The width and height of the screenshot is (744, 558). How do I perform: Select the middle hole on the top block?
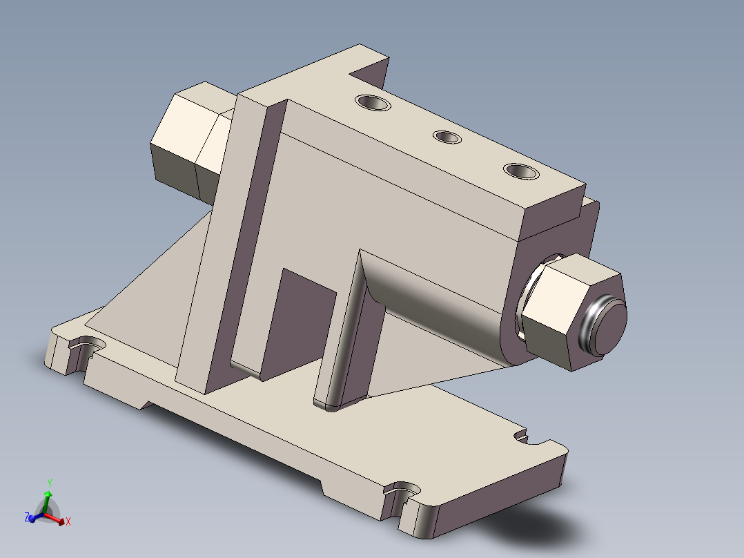click(447, 137)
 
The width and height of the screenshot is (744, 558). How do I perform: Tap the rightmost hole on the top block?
click(521, 170)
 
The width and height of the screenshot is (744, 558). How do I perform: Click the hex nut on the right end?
click(559, 311)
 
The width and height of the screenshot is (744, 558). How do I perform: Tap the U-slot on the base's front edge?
click(402, 491)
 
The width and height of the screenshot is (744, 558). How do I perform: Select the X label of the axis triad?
click(68, 522)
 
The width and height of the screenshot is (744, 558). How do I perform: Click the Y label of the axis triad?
click(50, 482)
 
